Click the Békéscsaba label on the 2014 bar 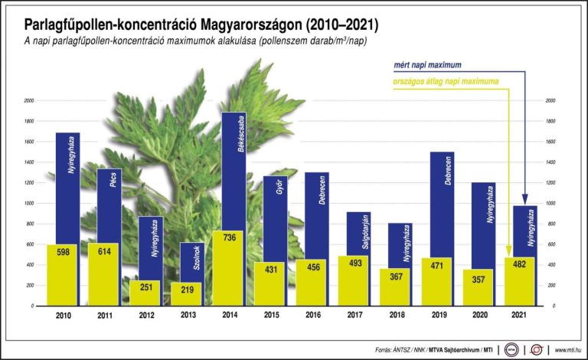click(x=240, y=136)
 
